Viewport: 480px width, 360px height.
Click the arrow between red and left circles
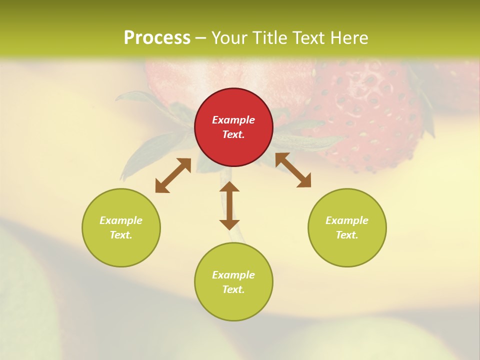173,175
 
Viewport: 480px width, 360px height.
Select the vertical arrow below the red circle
229,205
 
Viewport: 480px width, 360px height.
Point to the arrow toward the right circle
293,170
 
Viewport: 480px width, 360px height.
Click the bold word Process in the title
157,38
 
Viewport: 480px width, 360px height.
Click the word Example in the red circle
233,120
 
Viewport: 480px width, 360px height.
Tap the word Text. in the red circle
233,134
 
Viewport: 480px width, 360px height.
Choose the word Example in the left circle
121,220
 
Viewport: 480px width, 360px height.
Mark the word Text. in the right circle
347,235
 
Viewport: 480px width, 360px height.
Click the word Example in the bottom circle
233,275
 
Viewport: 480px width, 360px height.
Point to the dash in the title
200,38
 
